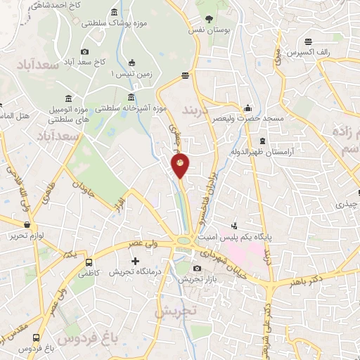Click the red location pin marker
pyautogui.click(x=181, y=165)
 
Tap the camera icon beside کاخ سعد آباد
pyautogui.click(x=85, y=51)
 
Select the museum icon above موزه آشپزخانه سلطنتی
pyautogui.click(x=130, y=97)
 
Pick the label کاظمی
pyautogui.click(x=81, y=271)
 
